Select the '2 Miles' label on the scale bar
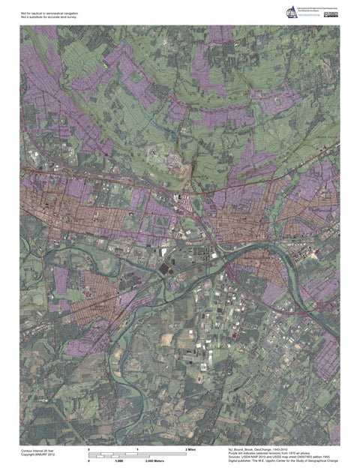[190, 448]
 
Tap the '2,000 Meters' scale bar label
[154, 462]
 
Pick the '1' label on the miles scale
[137, 448]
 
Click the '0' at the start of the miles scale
[89, 448]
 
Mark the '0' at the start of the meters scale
[89, 462]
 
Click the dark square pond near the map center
[164, 267]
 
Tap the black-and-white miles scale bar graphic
[137, 454]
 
